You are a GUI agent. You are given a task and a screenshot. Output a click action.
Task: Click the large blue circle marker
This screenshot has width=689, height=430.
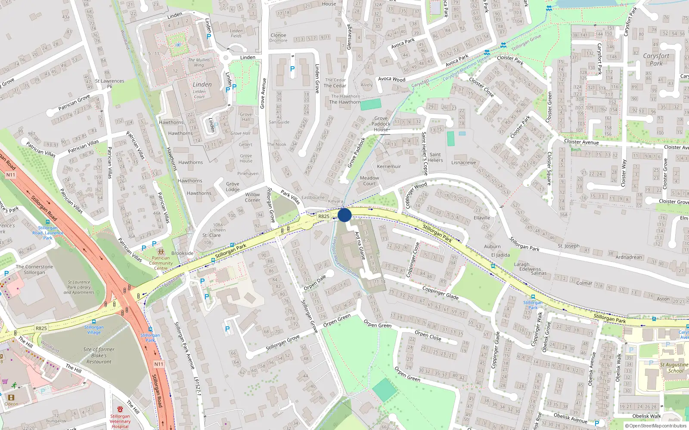click(344, 215)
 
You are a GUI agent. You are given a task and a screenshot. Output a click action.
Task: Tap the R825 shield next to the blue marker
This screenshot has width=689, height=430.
click(324, 216)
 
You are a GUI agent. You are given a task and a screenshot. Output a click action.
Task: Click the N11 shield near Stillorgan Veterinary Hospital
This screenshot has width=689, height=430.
click(158, 364)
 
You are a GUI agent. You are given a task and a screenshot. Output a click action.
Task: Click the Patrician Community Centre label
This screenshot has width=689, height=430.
click(161, 263)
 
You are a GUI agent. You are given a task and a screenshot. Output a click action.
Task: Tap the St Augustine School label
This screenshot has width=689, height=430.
click(674, 368)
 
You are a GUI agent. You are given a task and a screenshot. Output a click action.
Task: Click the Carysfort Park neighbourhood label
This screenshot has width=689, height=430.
click(656, 59)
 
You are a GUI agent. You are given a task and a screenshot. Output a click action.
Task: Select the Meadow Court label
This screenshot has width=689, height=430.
click(369, 181)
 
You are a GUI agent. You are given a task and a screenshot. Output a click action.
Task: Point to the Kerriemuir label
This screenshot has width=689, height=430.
click(389, 166)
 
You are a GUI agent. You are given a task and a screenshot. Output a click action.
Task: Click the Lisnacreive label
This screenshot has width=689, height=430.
click(463, 163)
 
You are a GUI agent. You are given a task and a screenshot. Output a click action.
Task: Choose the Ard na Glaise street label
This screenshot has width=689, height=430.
click(360, 246)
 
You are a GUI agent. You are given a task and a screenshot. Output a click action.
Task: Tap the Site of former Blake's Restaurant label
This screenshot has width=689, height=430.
click(99, 356)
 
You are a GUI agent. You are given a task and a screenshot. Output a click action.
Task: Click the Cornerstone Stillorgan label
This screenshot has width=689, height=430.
click(34, 270)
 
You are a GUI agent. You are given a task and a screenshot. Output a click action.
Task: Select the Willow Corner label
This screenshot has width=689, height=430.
click(252, 197)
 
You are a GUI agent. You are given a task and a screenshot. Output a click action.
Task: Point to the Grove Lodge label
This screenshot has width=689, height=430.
click(233, 187)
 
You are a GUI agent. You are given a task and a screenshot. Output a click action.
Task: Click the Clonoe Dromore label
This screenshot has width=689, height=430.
click(279, 38)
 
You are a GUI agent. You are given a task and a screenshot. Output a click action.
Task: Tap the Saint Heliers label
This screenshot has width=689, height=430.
click(435, 157)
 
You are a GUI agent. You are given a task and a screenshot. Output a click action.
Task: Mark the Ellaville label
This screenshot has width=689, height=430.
click(482, 218)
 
